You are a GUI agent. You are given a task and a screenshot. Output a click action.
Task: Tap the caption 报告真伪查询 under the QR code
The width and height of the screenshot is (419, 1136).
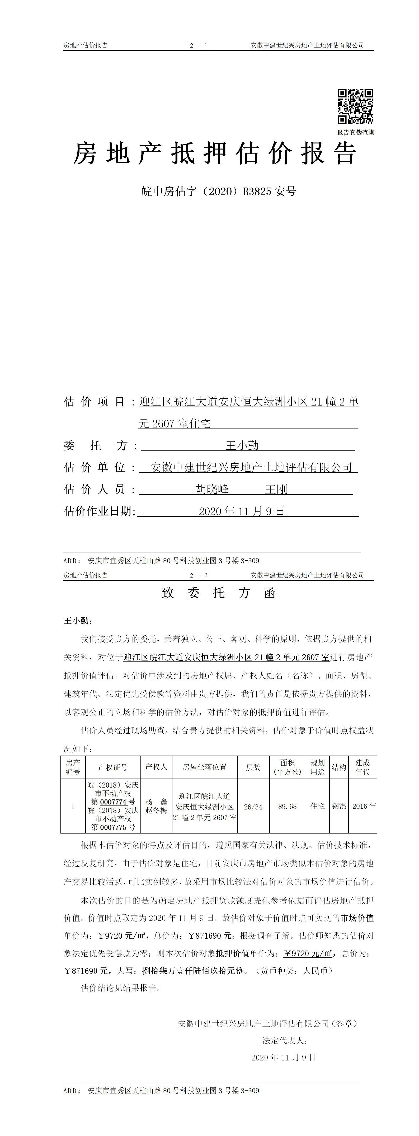356,132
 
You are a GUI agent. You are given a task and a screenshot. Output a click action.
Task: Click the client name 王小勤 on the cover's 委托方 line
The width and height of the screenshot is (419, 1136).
242,445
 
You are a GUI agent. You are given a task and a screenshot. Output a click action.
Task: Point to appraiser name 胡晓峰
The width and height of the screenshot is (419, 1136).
212,489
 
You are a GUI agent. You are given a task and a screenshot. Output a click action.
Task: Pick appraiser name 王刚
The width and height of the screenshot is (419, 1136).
276,489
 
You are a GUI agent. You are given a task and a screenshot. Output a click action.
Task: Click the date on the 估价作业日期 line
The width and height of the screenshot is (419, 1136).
242,511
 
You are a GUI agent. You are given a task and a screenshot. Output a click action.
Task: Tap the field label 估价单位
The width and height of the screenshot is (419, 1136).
95,467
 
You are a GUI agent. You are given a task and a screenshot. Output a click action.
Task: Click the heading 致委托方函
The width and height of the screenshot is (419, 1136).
219,593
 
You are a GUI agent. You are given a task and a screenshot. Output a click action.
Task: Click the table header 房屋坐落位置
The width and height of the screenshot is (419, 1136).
204,767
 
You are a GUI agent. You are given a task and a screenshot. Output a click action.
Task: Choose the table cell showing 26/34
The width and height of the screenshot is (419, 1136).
253,807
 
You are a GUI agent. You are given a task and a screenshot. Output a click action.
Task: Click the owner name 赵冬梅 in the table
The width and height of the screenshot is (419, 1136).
156,811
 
